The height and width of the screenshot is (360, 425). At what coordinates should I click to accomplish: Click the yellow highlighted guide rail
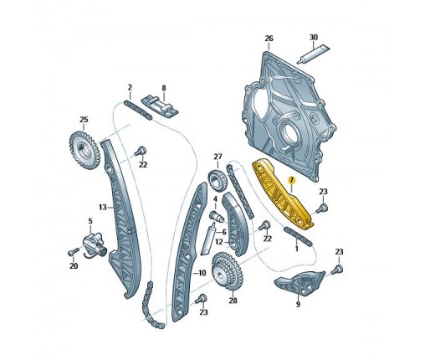tap(282, 195)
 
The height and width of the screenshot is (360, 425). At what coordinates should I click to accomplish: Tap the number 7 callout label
tap(291, 180)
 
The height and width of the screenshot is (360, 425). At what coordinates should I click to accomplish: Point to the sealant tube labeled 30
tap(313, 54)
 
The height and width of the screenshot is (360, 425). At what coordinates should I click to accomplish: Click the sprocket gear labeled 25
tap(83, 151)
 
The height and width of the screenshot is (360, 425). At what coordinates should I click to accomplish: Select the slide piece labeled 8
tap(160, 106)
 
